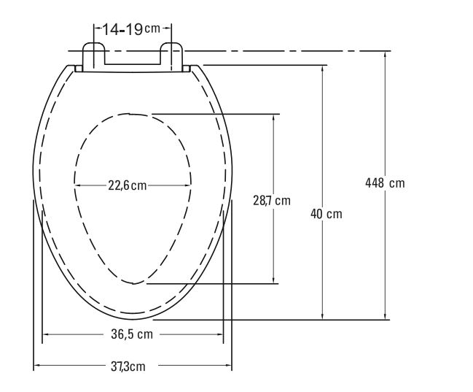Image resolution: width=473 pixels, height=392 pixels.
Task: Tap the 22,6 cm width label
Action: pos(128,185)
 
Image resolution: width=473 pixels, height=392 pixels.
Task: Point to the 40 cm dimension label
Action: pos(325,214)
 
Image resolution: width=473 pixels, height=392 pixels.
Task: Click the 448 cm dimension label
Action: pos(384,182)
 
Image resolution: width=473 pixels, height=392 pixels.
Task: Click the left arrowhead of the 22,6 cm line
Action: pos(77,185)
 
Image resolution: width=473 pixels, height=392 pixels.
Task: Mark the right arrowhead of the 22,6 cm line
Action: pos(189,185)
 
